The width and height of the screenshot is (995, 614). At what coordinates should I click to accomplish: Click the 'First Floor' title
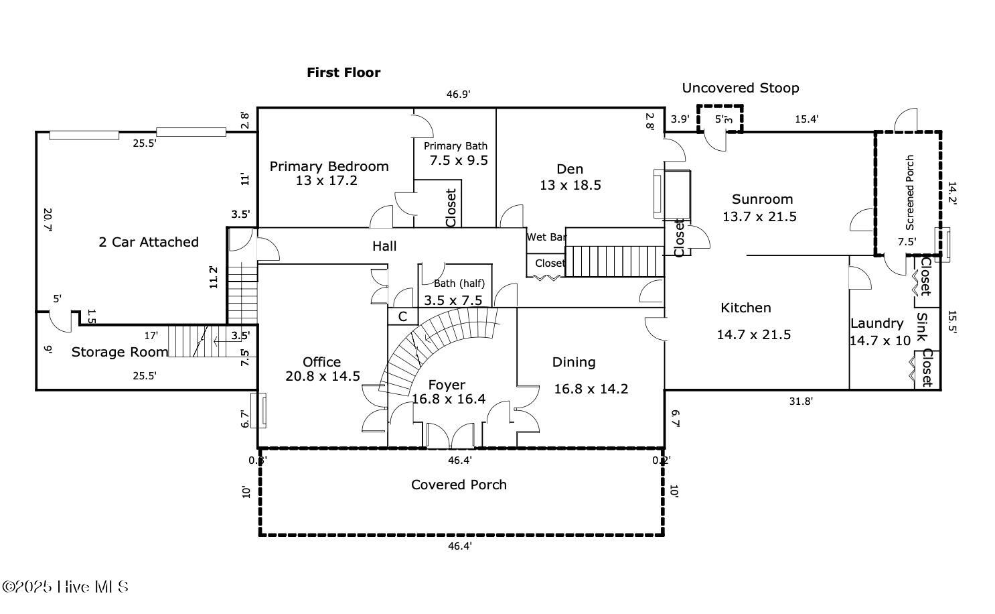(x=343, y=72)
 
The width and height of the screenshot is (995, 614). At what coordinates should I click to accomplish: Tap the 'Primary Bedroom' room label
(x=329, y=166)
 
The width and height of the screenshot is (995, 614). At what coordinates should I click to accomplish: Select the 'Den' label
(x=570, y=169)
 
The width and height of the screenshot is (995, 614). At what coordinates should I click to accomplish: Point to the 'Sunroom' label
(x=762, y=199)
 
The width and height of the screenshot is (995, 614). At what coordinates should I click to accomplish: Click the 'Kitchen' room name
(x=745, y=308)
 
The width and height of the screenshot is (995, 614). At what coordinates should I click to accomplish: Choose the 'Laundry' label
(x=876, y=323)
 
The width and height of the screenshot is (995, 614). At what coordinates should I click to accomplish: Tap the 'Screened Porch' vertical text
(x=910, y=192)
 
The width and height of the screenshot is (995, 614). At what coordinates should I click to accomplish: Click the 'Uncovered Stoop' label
(x=740, y=88)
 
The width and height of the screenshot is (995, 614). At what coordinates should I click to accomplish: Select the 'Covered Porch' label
(x=459, y=485)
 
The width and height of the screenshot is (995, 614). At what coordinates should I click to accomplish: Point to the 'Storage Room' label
(x=119, y=352)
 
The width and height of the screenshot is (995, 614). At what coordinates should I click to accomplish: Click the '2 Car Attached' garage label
(x=149, y=242)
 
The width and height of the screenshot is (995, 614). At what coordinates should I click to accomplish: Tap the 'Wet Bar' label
(x=546, y=237)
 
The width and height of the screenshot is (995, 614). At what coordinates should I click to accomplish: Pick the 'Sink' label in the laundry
(x=922, y=327)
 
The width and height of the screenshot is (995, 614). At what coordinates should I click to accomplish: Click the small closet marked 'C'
(x=402, y=316)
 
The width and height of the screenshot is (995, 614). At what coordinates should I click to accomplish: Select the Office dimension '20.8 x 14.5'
(x=323, y=376)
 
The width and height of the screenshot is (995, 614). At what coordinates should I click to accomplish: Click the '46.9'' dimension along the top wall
(x=459, y=95)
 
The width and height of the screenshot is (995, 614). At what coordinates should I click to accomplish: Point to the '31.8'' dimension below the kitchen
(x=801, y=402)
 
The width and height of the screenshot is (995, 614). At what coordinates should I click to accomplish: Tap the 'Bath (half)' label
(x=459, y=284)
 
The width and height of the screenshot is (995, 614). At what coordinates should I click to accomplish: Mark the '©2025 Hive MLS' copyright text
(x=65, y=587)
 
